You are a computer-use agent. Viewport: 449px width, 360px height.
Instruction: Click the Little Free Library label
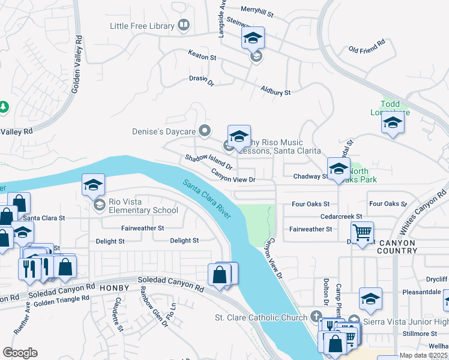pyautogui.click(x=142, y=26)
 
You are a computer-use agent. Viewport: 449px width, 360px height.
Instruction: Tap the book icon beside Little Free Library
pyautogui.click(x=184, y=25)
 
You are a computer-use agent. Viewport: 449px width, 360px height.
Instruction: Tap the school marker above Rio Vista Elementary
pyautogui.click(x=93, y=185)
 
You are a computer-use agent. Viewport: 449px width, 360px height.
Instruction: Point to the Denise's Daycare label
pyautogui.click(x=164, y=131)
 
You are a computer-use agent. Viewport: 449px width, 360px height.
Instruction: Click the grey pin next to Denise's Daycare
pyautogui.click(x=205, y=130)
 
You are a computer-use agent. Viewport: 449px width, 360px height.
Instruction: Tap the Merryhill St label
pyautogui.click(x=257, y=10)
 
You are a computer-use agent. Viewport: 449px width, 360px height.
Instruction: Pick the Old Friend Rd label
pyautogui.click(x=366, y=47)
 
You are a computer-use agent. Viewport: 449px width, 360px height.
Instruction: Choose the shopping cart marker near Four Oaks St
pyautogui.click(x=362, y=232)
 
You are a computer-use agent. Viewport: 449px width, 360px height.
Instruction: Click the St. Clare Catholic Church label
pyautogui.click(x=261, y=317)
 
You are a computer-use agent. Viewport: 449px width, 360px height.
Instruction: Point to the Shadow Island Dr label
pyautogui.click(x=208, y=161)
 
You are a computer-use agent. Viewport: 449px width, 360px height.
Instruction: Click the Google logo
pyautogui.click(x=20, y=352)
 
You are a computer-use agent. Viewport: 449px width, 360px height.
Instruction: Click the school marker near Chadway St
pyautogui.click(x=339, y=169)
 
